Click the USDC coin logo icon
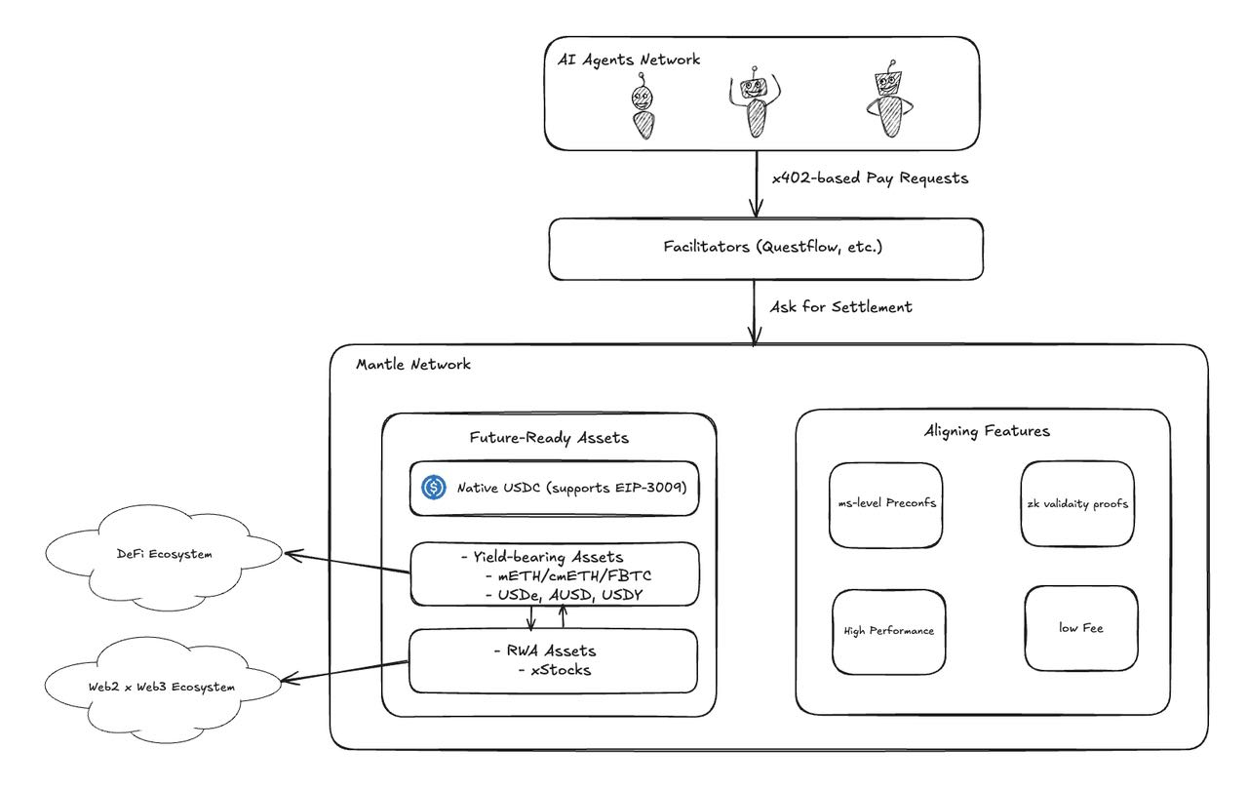(434, 488)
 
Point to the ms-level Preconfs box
(886, 504)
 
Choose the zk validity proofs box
(1077, 504)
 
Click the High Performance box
(888, 630)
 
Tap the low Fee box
(1081, 628)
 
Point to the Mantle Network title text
(413, 365)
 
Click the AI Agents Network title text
(629, 59)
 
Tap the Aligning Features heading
(985, 430)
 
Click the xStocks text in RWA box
(554, 670)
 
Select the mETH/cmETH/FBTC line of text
(568, 575)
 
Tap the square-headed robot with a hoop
(886, 102)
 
